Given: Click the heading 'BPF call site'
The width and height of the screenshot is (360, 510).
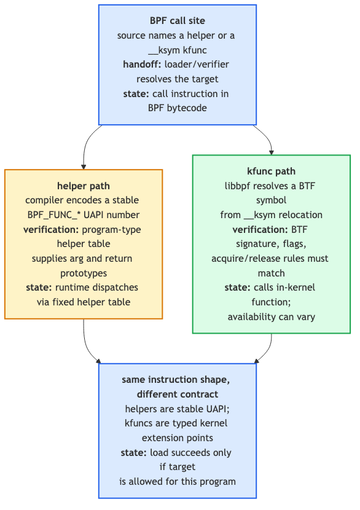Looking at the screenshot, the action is tap(178, 21).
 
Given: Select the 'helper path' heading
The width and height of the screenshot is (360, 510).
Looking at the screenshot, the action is tap(84, 186).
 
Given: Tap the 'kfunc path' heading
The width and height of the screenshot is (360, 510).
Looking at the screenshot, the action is tap(271, 171).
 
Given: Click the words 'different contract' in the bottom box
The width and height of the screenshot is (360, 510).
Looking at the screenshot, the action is tap(178, 394).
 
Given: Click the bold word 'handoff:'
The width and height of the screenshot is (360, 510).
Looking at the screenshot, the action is tap(142, 65).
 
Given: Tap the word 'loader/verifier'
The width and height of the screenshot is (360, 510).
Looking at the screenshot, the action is tap(197, 65).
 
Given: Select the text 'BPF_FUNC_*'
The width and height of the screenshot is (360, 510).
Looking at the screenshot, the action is tap(54, 215).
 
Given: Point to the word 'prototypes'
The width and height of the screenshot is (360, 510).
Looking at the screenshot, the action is tap(84, 273).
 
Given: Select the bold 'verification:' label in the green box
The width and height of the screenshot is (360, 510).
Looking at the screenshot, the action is tap(260, 230).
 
